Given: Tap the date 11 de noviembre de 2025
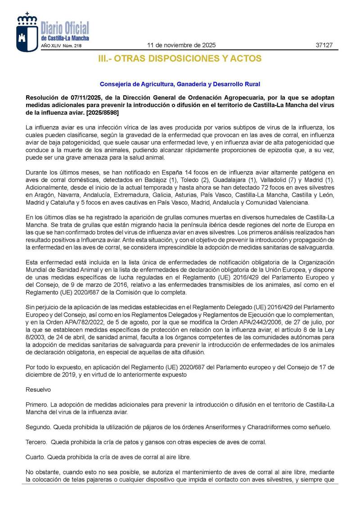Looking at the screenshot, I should pyautogui.click(x=182, y=45).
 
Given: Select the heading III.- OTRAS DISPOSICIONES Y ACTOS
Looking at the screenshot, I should pyautogui.click(x=180, y=58).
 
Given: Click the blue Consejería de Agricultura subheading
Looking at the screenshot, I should pyautogui.click(x=180, y=84).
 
